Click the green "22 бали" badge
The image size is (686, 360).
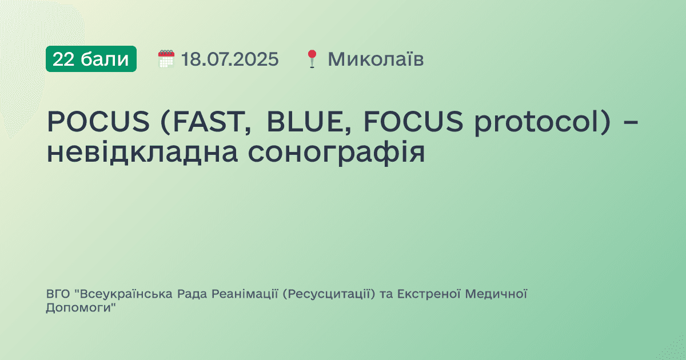(91, 59)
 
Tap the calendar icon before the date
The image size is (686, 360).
(166, 59)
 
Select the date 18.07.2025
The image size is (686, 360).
(230, 59)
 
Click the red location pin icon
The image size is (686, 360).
(312, 59)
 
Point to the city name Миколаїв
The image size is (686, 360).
(376, 59)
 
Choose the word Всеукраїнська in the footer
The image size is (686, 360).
(117, 294)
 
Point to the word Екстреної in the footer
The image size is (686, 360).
(429, 294)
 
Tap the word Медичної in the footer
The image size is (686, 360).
(496, 294)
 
